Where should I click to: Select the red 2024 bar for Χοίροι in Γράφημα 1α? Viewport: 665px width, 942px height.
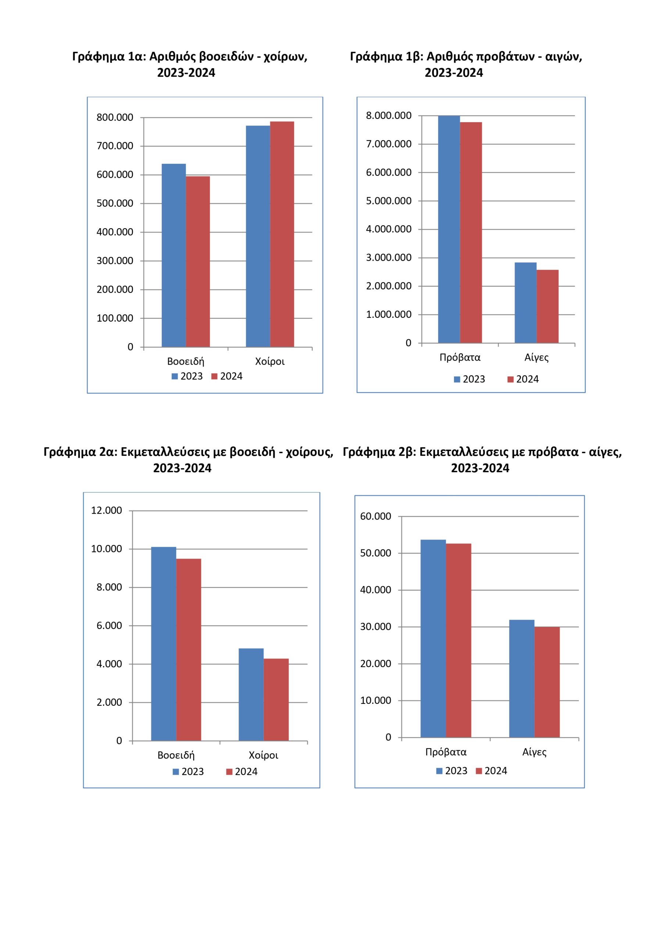click(282, 234)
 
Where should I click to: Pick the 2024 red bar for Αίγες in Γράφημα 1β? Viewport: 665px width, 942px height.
click(547, 306)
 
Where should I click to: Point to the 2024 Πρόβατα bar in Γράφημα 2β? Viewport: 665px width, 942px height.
click(458, 640)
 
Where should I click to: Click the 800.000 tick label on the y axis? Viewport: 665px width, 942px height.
click(115, 117)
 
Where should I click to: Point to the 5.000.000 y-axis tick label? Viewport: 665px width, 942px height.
click(388, 201)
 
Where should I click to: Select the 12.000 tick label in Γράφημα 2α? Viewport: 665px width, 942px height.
click(106, 510)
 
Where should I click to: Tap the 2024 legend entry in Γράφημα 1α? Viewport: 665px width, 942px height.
click(227, 376)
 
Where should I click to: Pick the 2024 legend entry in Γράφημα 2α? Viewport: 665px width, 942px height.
click(242, 772)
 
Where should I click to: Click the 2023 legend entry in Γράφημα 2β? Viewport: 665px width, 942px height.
click(451, 771)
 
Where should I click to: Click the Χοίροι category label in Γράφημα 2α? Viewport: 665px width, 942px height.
click(263, 755)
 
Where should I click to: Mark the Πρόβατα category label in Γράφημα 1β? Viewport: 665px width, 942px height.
click(460, 357)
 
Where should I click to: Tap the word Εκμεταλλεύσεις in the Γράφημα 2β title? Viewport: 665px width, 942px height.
click(465, 452)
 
